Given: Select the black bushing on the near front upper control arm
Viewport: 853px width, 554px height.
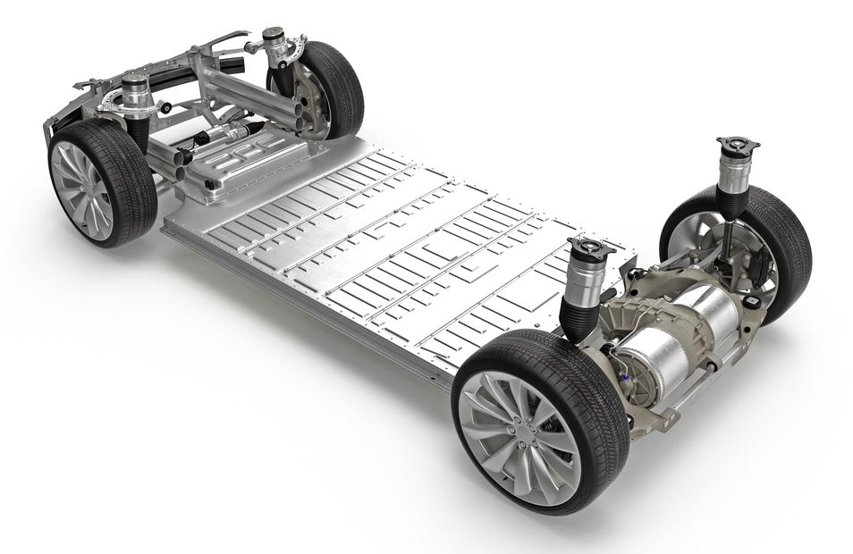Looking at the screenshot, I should pos(166,108).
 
